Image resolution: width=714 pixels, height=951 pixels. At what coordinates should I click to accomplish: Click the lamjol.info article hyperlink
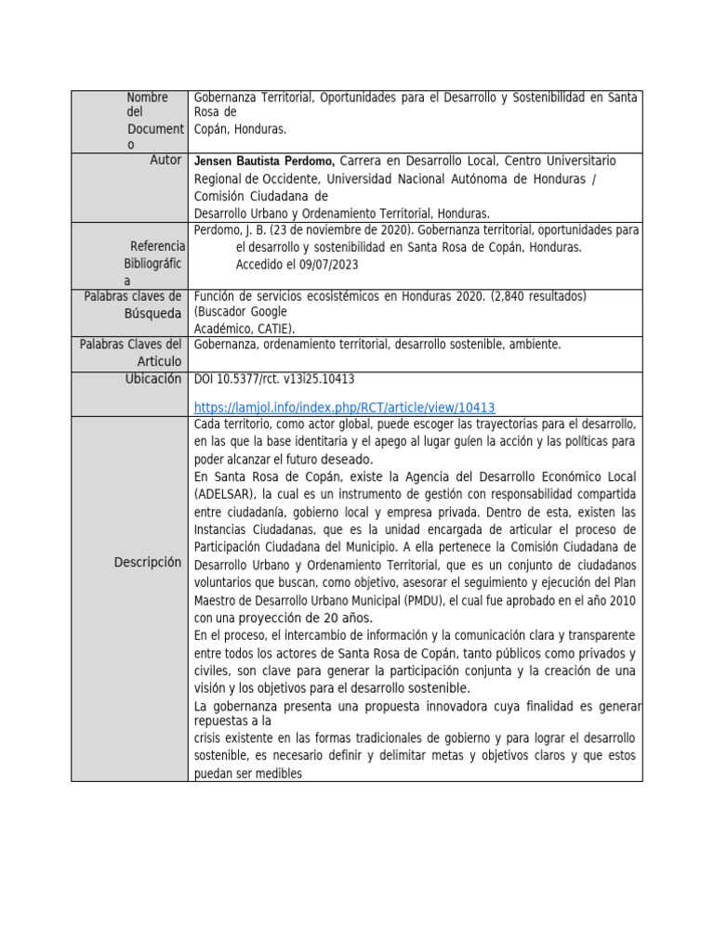pyautogui.click(x=344, y=407)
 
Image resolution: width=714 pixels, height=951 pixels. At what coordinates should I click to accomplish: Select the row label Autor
pyautogui.click(x=165, y=160)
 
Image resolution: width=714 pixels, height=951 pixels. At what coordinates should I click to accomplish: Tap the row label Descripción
pyautogui.click(x=148, y=562)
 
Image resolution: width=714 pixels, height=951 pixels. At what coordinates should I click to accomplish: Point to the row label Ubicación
pyautogui.click(x=153, y=379)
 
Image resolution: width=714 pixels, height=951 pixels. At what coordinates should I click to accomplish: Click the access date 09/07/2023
pyautogui.click(x=326, y=264)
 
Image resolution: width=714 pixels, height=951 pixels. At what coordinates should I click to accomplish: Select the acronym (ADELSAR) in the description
pyautogui.click(x=225, y=494)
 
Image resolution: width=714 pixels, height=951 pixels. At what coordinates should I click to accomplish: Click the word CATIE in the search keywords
pyautogui.click(x=278, y=328)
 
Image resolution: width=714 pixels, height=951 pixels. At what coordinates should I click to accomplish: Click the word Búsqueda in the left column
pyautogui.click(x=153, y=313)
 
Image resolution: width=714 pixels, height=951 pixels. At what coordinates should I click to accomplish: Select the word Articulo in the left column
pyautogui.click(x=159, y=360)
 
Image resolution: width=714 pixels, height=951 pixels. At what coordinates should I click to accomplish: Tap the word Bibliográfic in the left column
pyautogui.click(x=154, y=263)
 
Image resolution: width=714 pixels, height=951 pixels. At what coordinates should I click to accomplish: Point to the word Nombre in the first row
pyautogui.click(x=147, y=98)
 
